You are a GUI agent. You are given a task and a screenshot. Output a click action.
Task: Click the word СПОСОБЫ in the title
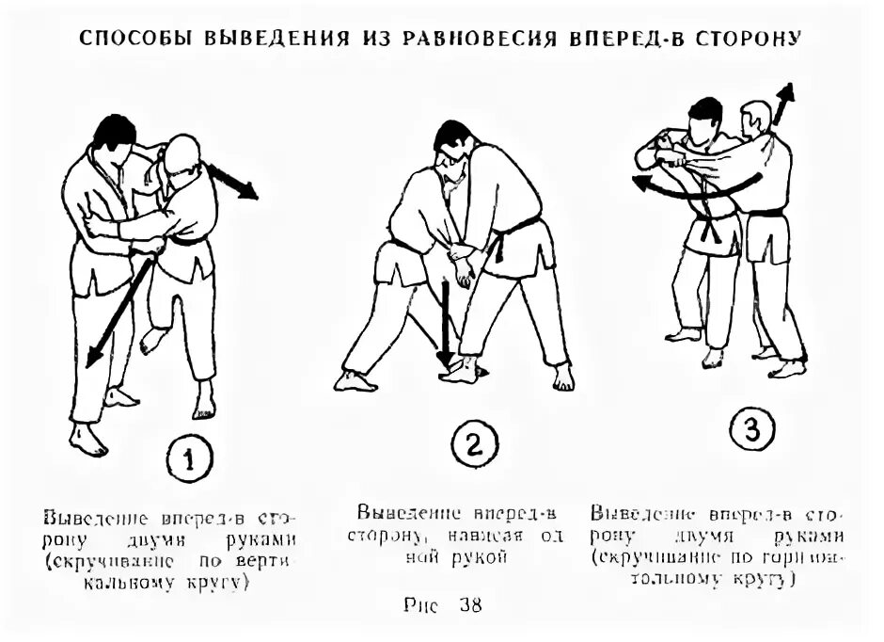[x=131, y=40]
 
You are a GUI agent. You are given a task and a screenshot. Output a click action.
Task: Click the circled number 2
[x=472, y=444]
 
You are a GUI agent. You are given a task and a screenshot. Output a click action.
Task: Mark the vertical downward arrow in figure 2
[x=446, y=325]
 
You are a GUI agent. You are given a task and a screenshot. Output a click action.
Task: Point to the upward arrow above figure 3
[x=781, y=103]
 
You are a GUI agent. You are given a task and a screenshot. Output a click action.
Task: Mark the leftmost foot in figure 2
[x=355, y=380]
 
